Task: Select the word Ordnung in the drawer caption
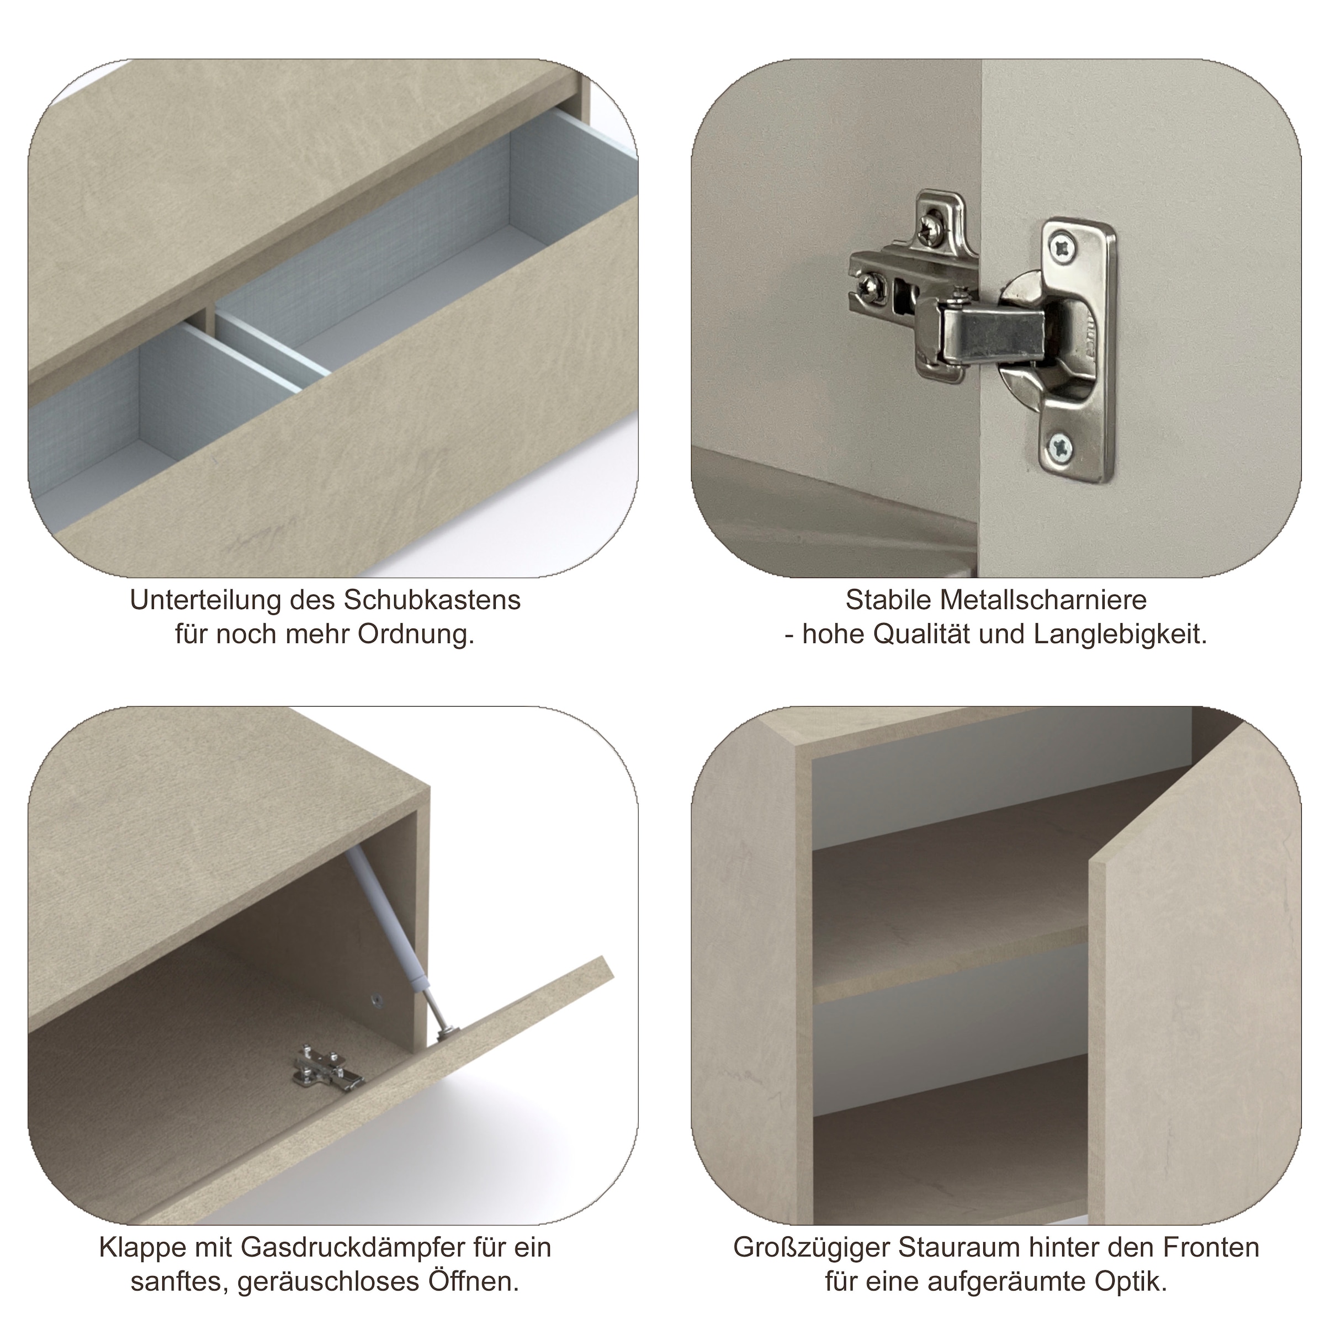click(416, 635)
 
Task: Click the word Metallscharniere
click(1044, 600)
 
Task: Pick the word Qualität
click(921, 635)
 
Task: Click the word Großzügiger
click(804, 1248)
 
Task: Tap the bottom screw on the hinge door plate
click(1061, 448)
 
